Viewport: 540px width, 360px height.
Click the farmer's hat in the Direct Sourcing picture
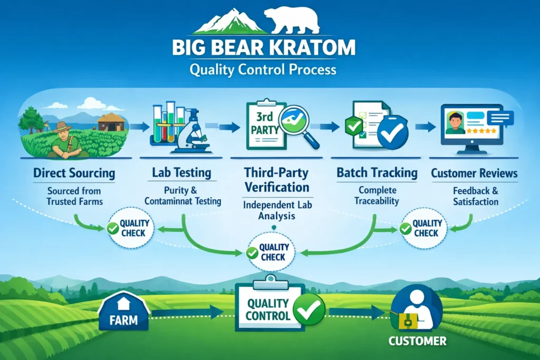tap(63, 127)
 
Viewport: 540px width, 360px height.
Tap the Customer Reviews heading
tap(474, 173)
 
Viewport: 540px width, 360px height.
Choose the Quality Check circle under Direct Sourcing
tap(130, 228)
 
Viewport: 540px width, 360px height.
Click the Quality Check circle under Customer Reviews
tap(422, 228)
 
